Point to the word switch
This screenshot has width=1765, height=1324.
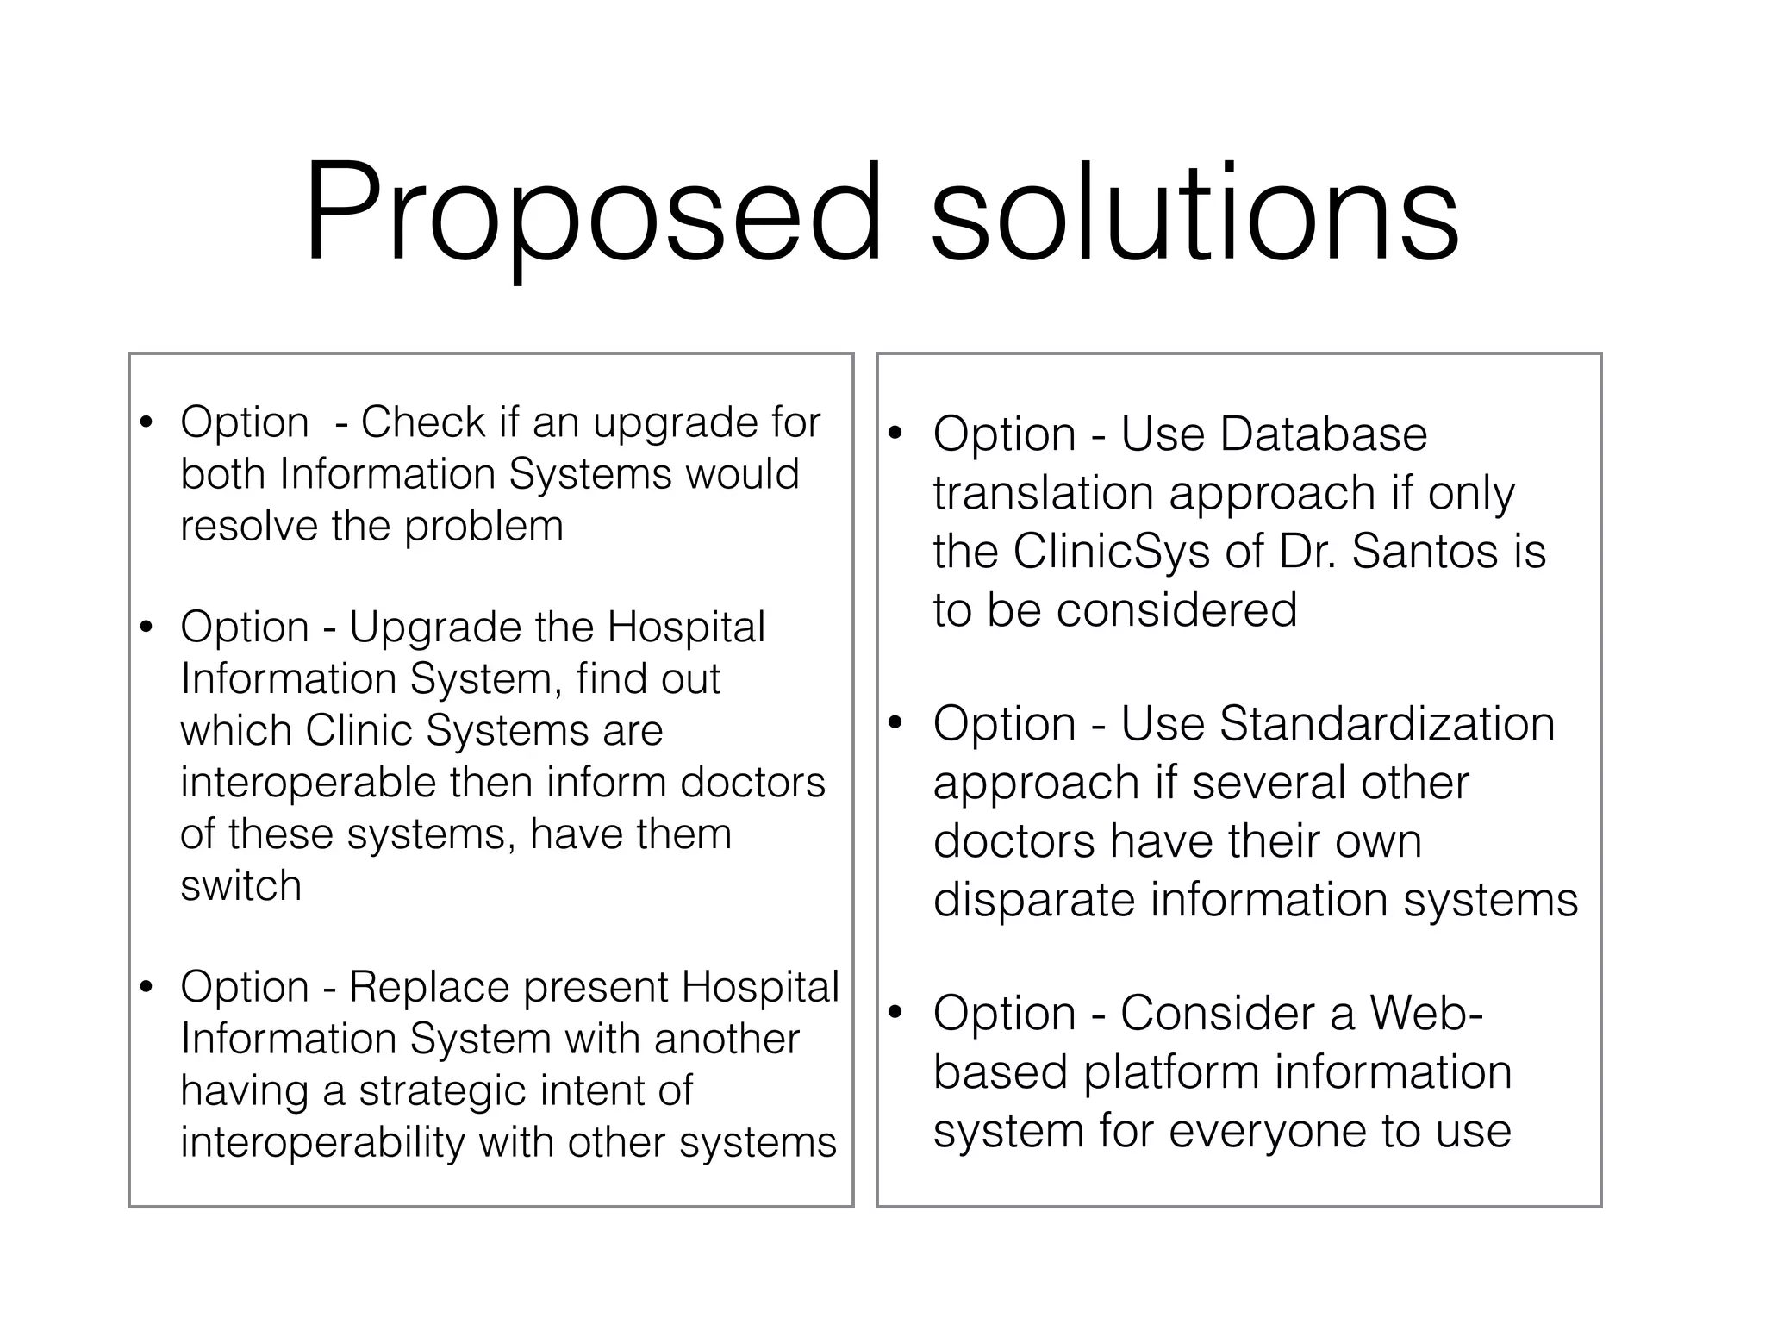(x=241, y=886)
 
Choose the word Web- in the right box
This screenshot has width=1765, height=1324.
(x=1426, y=1013)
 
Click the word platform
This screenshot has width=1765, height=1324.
(x=1172, y=1072)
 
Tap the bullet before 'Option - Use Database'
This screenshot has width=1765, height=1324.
(x=895, y=433)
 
